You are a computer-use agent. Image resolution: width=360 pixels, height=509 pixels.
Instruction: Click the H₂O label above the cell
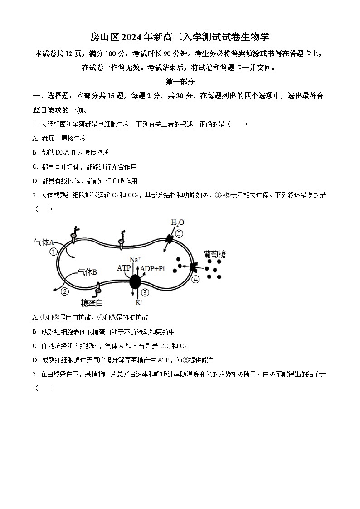click(177, 223)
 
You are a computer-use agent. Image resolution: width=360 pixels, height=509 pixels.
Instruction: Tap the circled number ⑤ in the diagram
click(180, 234)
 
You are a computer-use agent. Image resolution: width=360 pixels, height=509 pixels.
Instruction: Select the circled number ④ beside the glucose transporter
click(195, 279)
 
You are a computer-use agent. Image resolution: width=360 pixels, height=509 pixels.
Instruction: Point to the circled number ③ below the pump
click(145, 292)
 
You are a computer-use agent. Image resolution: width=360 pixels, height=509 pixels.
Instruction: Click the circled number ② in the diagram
click(65, 291)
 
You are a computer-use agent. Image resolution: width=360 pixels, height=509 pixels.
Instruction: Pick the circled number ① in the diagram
click(54, 252)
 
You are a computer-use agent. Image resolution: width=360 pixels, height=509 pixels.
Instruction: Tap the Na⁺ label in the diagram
click(135, 260)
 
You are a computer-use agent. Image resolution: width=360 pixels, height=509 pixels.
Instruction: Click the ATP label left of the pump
click(124, 268)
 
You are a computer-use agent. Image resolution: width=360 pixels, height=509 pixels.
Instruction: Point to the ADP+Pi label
click(152, 268)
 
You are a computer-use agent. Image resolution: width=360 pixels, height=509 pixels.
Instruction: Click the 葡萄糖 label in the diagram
click(214, 254)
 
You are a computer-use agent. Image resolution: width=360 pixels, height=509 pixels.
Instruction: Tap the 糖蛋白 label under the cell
click(92, 303)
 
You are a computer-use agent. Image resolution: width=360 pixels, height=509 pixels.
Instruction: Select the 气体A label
click(44, 242)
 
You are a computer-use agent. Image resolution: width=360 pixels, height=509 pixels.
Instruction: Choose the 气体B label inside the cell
click(87, 272)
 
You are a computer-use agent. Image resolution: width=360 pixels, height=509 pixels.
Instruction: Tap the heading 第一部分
click(180, 82)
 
